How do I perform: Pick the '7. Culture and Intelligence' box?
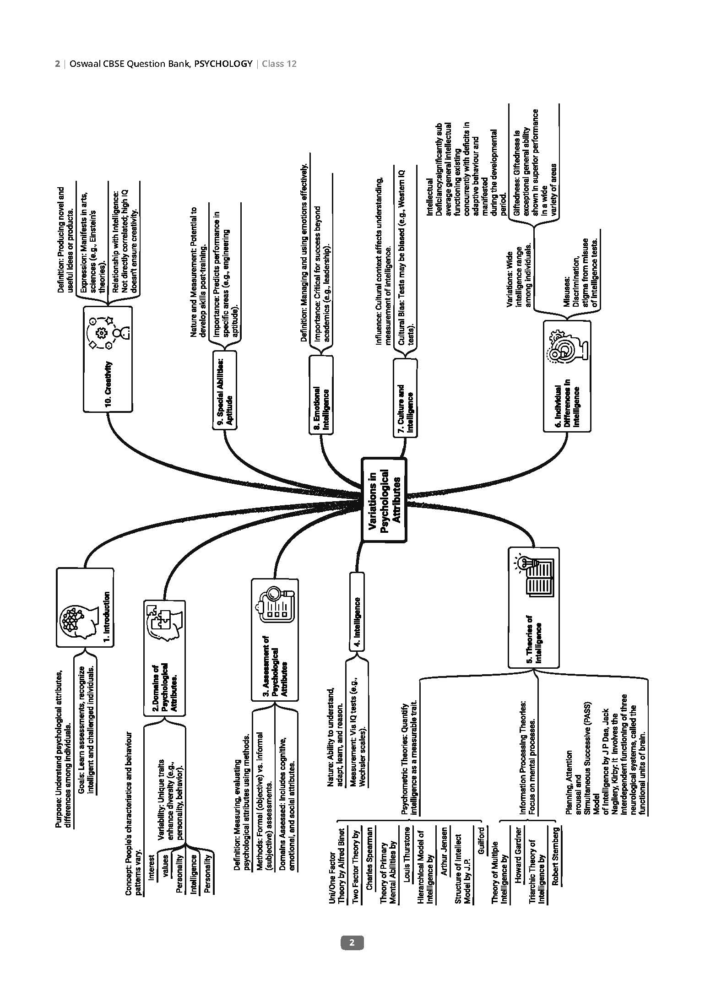(x=405, y=396)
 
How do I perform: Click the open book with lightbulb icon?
(x=535, y=576)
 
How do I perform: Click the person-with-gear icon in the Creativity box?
(x=107, y=332)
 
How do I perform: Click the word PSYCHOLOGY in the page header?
(x=223, y=64)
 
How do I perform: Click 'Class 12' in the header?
(x=279, y=64)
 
